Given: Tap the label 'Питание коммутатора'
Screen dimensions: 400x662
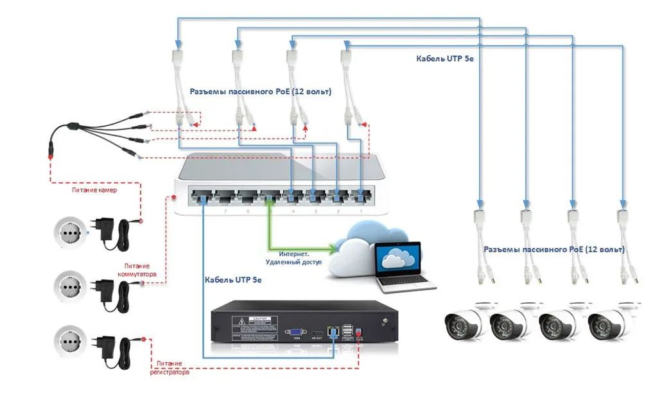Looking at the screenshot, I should tap(137, 270).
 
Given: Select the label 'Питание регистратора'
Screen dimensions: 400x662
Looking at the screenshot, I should tap(170, 367).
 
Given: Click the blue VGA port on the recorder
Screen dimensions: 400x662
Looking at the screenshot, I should tap(295, 332).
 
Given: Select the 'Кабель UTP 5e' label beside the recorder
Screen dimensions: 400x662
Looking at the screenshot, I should tap(233, 280).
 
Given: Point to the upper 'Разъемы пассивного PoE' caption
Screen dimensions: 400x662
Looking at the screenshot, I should tap(261, 92).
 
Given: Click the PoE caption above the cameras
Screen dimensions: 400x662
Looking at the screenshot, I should tap(553, 249).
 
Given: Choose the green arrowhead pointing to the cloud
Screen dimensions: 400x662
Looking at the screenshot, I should tap(332, 247).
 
